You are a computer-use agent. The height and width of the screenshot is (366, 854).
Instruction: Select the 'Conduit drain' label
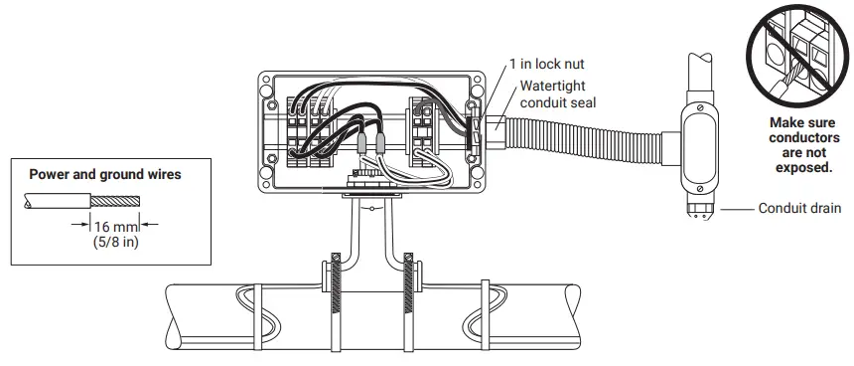point(800,209)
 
